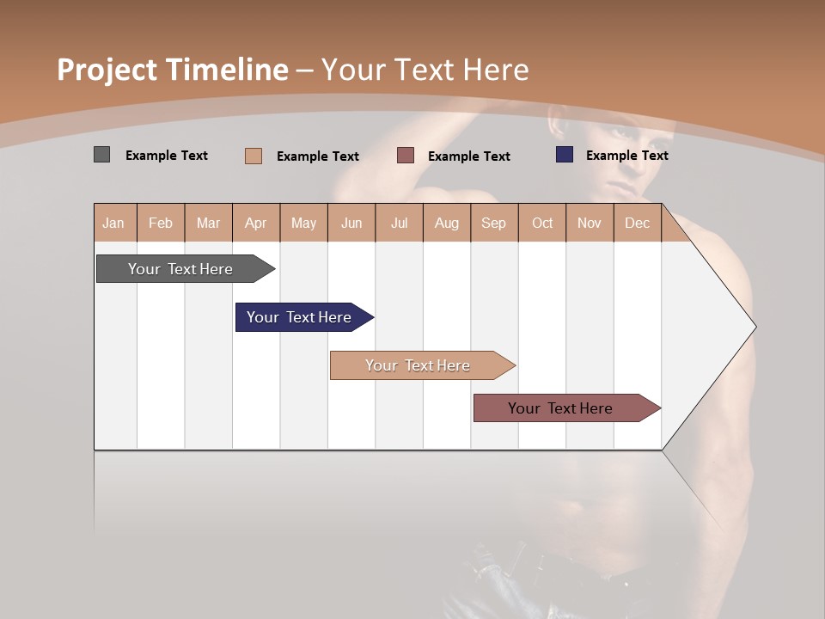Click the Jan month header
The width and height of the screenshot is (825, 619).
click(113, 223)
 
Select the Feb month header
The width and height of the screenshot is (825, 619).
click(161, 223)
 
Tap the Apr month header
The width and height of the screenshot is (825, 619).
click(255, 223)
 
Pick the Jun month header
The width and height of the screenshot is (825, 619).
click(351, 223)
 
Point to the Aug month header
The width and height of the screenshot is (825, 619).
click(446, 223)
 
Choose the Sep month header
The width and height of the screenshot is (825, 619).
click(493, 223)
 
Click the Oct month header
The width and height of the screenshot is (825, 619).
click(542, 223)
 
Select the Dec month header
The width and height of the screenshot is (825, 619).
click(637, 223)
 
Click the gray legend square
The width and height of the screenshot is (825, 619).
click(101, 155)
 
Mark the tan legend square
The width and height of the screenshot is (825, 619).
click(253, 156)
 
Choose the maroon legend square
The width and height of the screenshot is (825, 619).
click(406, 156)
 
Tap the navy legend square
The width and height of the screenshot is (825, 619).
click(565, 155)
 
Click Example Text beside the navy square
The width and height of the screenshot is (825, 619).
click(626, 156)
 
